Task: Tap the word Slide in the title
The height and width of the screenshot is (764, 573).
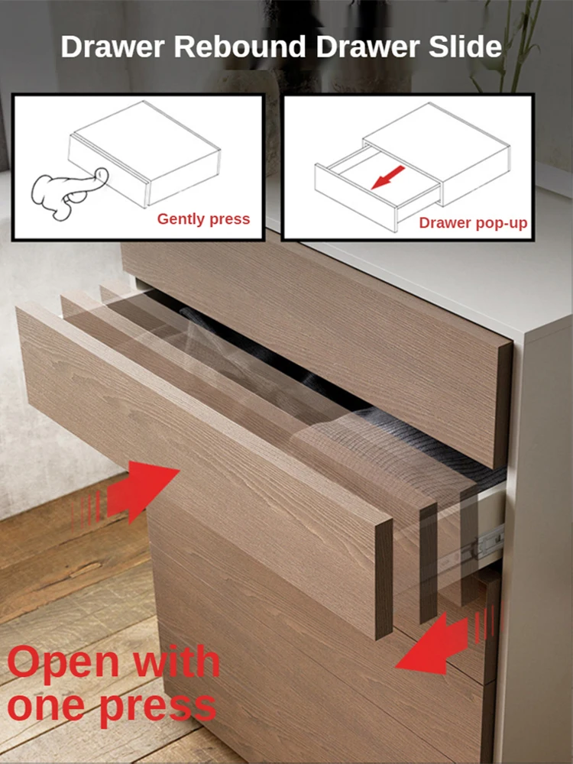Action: click(x=467, y=47)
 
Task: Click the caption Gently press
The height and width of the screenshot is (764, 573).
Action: click(x=203, y=219)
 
